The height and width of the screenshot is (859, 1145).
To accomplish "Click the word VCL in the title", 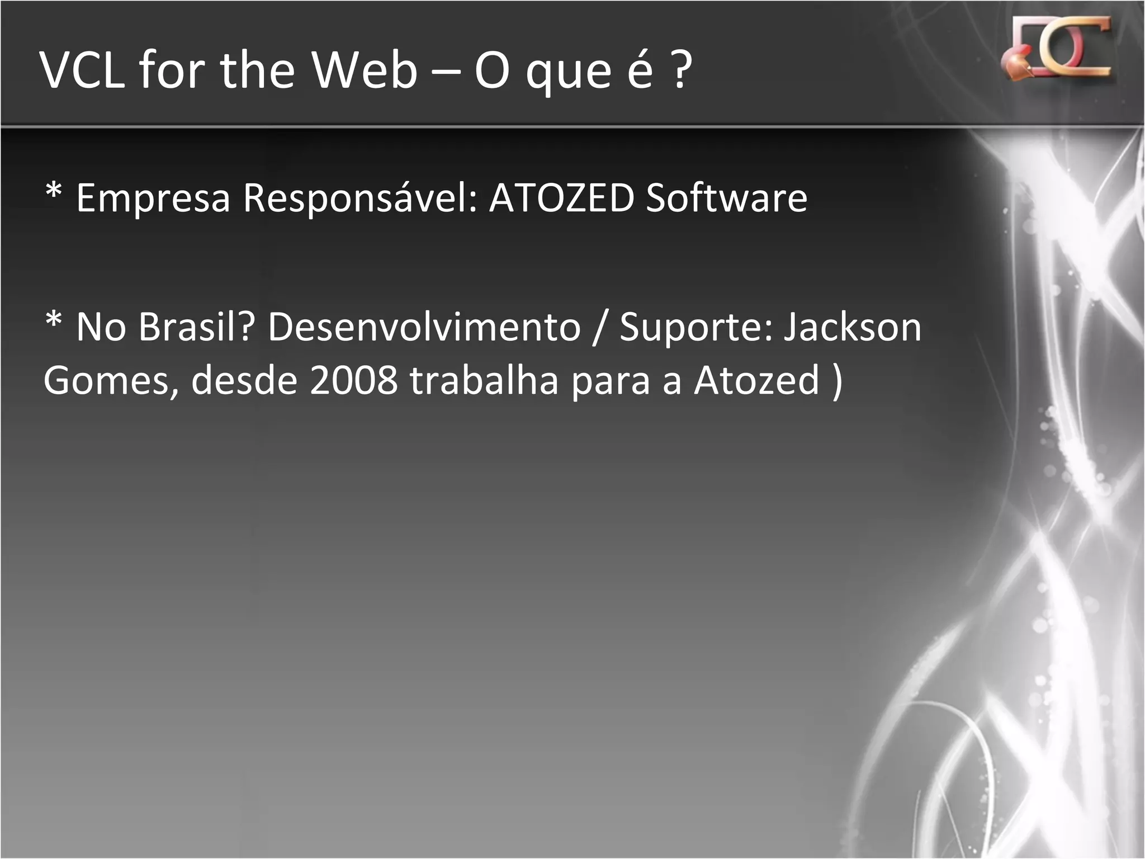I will (83, 70).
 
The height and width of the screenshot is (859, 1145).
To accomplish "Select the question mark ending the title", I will (680, 70).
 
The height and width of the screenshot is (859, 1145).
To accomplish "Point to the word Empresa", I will (153, 199).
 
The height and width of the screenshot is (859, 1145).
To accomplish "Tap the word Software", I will (726, 199).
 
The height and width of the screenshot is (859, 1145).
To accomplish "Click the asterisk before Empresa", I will (54, 193).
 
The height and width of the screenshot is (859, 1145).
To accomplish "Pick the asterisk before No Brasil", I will (54, 322).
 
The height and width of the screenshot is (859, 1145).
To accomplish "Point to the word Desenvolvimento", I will (424, 327).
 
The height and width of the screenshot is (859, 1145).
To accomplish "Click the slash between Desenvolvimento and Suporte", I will (600, 327).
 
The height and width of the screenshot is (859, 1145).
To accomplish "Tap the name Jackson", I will (852, 327).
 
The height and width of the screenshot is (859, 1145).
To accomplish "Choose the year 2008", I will (353, 380).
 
